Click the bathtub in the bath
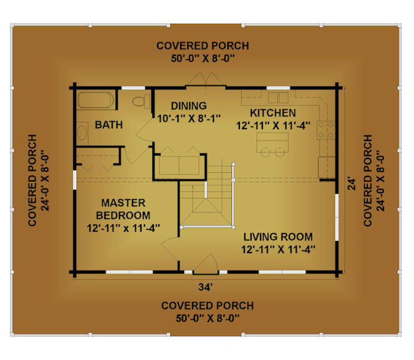[x=95, y=100]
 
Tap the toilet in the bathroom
[x=142, y=101]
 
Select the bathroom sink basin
[x=82, y=133]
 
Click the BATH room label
[x=109, y=125]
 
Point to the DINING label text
[x=189, y=106]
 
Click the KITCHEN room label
[x=273, y=113]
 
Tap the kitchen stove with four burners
[x=326, y=130]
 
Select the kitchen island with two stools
[x=272, y=145]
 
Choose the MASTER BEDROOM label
[x=124, y=209]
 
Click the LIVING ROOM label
[x=278, y=237]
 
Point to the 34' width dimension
[x=205, y=287]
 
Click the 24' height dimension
[x=352, y=184]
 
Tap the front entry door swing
[x=206, y=264]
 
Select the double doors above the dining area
[x=206, y=79]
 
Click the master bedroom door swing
[x=170, y=250]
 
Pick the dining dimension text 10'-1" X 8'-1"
[x=189, y=118]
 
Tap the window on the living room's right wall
[x=337, y=217]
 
